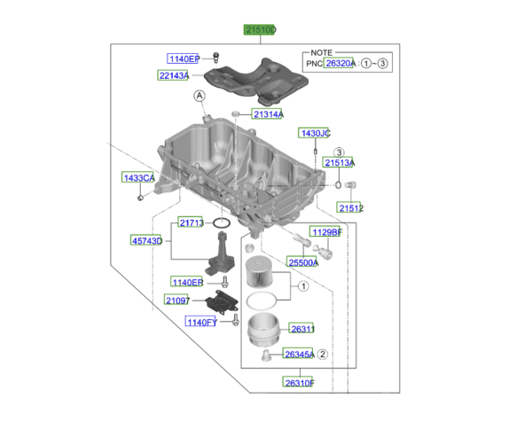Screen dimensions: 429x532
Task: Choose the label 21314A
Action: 267,115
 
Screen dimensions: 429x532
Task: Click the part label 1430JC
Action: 314,133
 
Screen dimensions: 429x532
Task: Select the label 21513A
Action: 338,163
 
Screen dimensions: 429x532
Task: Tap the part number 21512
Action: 350,208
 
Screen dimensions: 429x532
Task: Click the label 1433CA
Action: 138,178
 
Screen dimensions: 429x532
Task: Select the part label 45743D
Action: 147,240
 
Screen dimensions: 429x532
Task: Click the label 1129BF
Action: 325,232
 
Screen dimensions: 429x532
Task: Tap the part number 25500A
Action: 302,262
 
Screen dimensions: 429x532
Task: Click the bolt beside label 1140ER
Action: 224,282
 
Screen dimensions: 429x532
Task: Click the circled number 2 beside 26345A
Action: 323,355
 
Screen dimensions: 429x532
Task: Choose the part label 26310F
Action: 300,383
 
